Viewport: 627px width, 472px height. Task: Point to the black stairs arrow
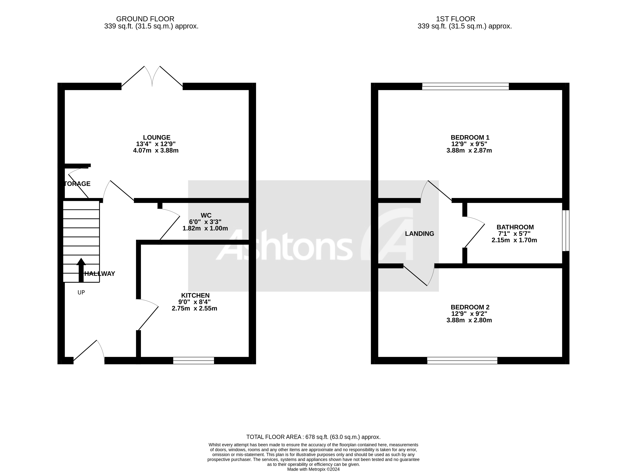[x=81, y=270]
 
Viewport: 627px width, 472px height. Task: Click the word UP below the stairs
[x=81, y=292]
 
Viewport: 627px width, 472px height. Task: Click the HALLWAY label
[x=100, y=274]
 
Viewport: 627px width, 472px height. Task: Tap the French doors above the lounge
[x=152, y=77]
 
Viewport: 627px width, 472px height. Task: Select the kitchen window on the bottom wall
[x=194, y=360]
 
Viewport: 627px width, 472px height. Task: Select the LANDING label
[x=419, y=234]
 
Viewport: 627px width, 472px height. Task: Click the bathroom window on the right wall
[x=565, y=230]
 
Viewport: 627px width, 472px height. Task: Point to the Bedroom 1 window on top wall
[x=465, y=86]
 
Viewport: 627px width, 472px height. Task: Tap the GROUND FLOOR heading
[x=145, y=19]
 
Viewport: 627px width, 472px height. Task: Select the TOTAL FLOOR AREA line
[x=313, y=437]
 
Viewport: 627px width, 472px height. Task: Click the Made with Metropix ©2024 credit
[x=313, y=469]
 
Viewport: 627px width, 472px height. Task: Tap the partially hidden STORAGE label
[x=77, y=184]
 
